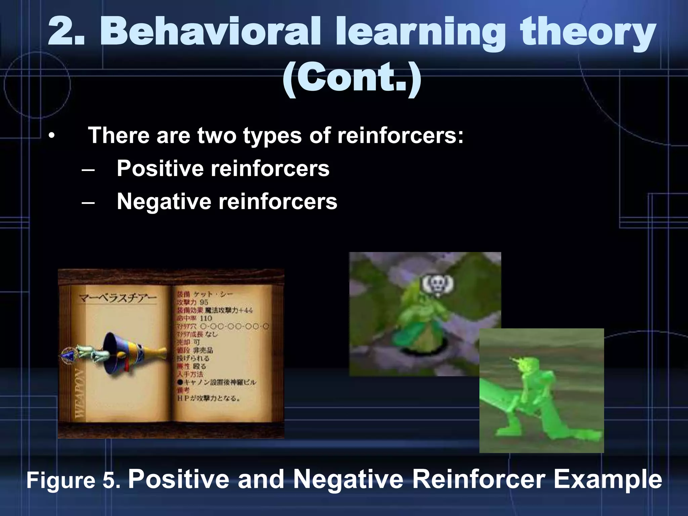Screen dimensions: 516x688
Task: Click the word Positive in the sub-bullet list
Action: (160, 168)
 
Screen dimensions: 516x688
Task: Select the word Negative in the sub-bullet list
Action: (164, 202)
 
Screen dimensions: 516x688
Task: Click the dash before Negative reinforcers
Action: (88, 202)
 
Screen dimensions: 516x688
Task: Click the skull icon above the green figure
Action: (437, 285)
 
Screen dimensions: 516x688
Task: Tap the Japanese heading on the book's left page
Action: (118, 298)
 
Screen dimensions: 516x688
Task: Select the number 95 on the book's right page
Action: (204, 302)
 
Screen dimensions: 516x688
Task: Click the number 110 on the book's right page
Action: (206, 318)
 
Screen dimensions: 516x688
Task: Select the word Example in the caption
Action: (607, 480)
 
